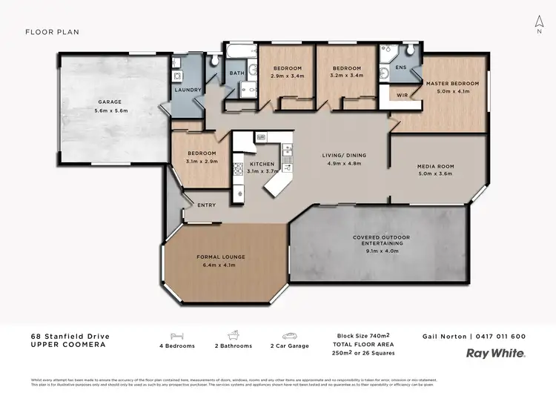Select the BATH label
[236, 73]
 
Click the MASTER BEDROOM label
[452, 83]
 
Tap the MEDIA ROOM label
[435, 166]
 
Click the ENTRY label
[206, 205]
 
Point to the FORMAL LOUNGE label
[221, 257]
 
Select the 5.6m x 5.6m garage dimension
[111, 110]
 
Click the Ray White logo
[494, 354]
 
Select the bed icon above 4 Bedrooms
[177, 335]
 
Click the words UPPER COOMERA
[64, 346]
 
